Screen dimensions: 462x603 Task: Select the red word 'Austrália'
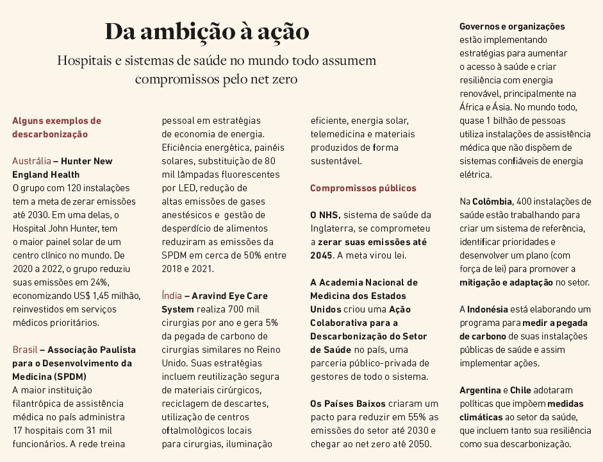[x=31, y=161]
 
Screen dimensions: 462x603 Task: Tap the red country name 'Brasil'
[x=24, y=350]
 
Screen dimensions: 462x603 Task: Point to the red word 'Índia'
[x=172, y=296]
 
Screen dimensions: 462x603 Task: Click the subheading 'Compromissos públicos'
[x=363, y=188]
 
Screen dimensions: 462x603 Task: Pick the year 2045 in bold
[x=321, y=255]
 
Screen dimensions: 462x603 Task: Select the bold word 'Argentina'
[x=480, y=390]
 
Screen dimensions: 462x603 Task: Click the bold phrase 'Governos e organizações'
[x=512, y=26]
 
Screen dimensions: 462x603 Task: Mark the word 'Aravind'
[x=211, y=296]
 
